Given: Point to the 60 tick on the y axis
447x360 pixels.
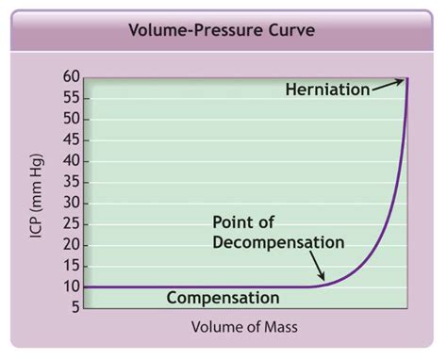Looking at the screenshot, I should (x=71, y=77).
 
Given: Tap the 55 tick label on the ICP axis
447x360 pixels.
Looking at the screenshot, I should (x=71, y=98).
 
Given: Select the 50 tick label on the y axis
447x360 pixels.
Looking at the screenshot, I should (x=71, y=119).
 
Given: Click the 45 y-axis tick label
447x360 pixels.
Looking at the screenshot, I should (x=71, y=140).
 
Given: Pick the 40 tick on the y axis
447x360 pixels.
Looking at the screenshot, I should (x=71, y=161).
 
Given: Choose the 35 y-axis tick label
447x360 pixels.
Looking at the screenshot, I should (x=71, y=182).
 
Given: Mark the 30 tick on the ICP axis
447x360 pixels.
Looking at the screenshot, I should (x=71, y=204).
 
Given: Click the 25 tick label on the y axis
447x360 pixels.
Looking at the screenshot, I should (x=71, y=224).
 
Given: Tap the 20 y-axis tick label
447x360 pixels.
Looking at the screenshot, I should (x=71, y=245).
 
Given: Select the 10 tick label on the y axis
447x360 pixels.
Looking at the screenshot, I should (x=71, y=286).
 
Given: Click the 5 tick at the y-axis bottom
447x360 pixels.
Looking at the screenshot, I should (x=74, y=307).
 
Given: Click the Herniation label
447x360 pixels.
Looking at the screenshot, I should (x=327, y=90).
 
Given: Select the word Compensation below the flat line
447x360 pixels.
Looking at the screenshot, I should (x=223, y=298).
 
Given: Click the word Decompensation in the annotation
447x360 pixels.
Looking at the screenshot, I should (x=278, y=242).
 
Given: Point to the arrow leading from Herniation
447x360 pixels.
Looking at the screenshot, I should (x=387, y=85).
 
